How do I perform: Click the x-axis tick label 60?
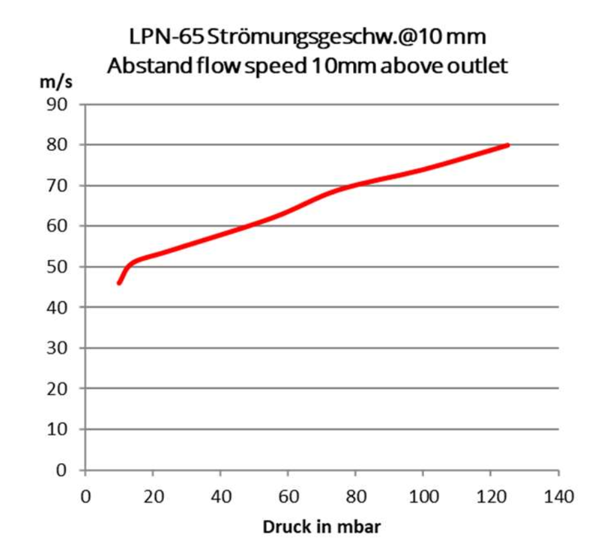[x=288, y=497]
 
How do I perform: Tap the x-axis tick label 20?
[x=153, y=497]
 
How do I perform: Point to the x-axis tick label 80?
[x=356, y=497]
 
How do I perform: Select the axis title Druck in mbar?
[x=321, y=527]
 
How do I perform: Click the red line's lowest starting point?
[x=119, y=283]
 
